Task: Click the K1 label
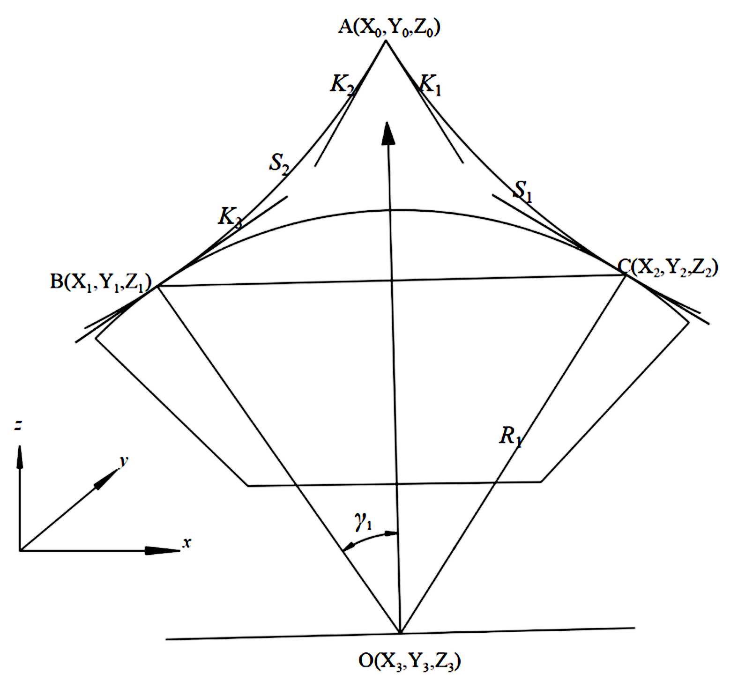tap(430, 85)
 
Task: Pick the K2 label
tap(343, 85)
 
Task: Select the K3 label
tap(230, 217)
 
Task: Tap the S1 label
tap(523, 191)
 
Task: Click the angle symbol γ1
tap(363, 521)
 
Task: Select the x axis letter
tap(187, 543)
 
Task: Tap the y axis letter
tap(123, 461)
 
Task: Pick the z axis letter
tap(18, 426)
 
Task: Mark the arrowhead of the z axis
tap(20, 456)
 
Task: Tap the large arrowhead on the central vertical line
tap(388, 133)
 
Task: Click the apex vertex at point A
tap(386, 41)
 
